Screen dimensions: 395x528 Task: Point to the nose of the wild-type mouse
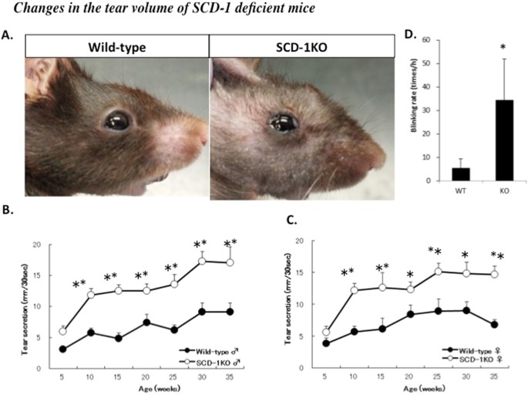pyautogui.click(x=202, y=142)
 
